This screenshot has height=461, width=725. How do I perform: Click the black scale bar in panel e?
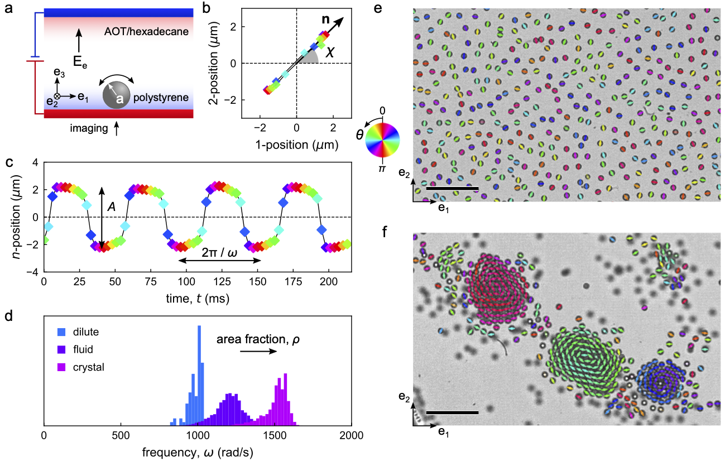pos(452,189)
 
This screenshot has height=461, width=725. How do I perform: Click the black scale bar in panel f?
pos(452,412)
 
